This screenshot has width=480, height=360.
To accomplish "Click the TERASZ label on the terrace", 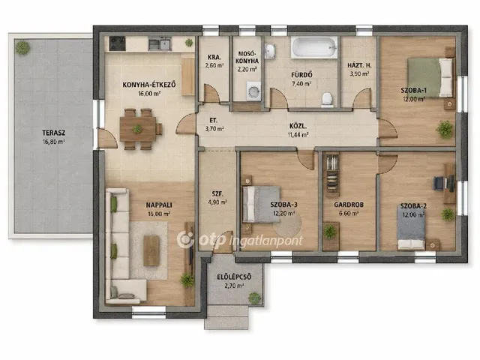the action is (53, 133).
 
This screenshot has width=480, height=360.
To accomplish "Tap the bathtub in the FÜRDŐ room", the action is (314, 48).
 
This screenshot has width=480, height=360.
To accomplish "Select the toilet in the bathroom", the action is (327, 100).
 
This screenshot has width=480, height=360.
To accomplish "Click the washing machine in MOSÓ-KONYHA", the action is (253, 91).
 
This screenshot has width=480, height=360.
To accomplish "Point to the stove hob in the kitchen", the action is (117, 43).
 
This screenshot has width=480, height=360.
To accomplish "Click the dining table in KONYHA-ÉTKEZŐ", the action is (138, 129).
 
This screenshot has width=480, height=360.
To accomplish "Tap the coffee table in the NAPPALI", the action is (151, 250).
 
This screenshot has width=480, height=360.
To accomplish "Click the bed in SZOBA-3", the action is (261, 204).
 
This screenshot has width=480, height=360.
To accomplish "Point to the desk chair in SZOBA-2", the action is (439, 183).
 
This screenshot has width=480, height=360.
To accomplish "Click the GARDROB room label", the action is (349, 205).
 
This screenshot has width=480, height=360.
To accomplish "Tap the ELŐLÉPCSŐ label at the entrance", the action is (234, 277).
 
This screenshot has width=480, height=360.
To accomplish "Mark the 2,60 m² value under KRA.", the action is (214, 65).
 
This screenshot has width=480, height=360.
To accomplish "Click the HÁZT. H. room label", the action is (359, 65).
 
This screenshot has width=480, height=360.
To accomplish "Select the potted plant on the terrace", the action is (23, 47).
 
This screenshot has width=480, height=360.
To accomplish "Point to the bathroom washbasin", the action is (270, 50).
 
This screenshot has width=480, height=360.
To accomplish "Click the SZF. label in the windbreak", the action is (217, 193).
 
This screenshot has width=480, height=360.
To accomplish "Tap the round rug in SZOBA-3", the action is (287, 226).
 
